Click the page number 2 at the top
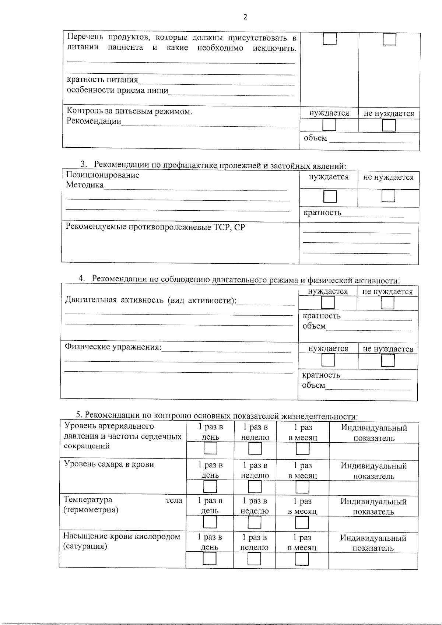[x=245, y=17]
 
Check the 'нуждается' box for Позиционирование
[x=330, y=197]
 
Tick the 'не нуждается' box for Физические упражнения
[x=388, y=360]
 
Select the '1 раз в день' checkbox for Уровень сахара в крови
[x=210, y=487]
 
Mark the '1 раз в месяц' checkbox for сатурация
[x=302, y=559]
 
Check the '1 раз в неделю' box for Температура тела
[x=255, y=522]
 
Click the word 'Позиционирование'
[x=103, y=175]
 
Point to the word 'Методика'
[x=85, y=185]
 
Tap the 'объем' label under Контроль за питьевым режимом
[x=315, y=138]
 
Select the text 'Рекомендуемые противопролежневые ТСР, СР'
[x=155, y=227]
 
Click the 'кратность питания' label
[x=102, y=80]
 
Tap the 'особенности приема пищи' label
[x=117, y=91]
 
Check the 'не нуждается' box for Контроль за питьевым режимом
[x=389, y=126]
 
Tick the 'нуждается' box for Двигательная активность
[x=328, y=303]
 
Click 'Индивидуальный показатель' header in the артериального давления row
[x=374, y=433]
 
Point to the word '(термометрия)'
[x=91, y=510]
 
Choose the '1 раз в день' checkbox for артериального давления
[x=211, y=448]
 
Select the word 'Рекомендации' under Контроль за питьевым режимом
[x=94, y=121]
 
